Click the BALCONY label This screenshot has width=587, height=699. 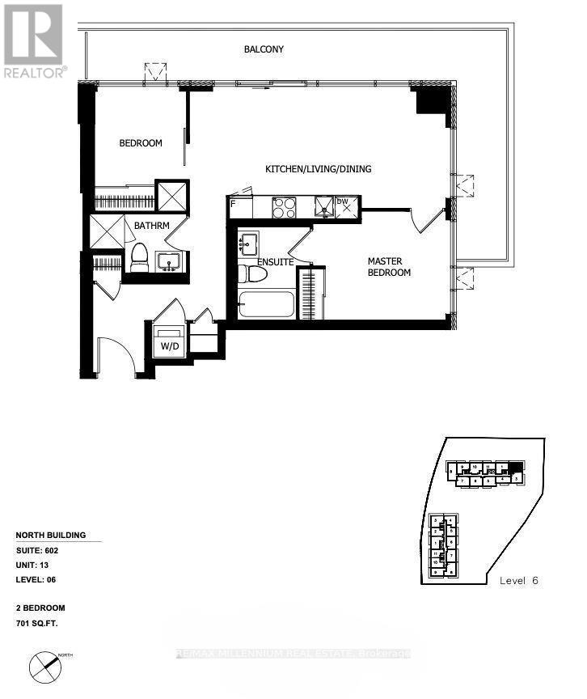click(264, 49)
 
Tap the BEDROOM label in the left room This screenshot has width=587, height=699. click(141, 143)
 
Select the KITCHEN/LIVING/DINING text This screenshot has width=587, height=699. click(319, 169)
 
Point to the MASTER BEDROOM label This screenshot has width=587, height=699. click(389, 267)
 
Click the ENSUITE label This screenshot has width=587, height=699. click(275, 262)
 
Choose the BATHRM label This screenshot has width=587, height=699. click(151, 226)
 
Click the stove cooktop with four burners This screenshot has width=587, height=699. click(285, 208)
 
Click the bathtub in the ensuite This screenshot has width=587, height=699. click(266, 306)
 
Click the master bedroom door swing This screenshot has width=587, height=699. click(425, 218)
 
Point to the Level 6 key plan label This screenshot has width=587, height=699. click(518, 581)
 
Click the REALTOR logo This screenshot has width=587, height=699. click(34, 40)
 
